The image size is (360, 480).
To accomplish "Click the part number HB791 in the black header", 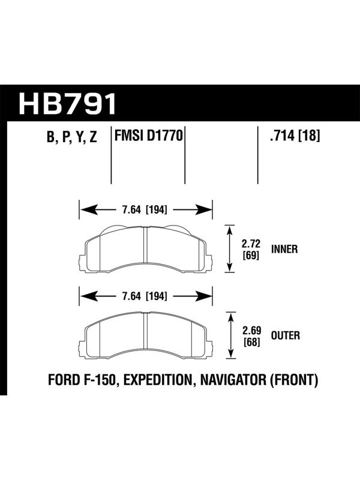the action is [x=68, y=103].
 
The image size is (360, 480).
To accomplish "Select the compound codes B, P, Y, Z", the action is [x=72, y=137].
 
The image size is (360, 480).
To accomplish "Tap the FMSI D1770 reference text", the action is [x=148, y=136].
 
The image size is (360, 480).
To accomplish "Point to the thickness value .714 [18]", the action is [x=295, y=136].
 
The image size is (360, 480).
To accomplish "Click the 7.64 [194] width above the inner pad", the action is [x=145, y=210].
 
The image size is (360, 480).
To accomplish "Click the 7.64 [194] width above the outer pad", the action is [x=145, y=296].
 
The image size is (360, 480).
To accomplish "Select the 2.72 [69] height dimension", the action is [x=251, y=249].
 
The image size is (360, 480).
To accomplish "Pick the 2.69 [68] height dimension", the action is [x=251, y=336].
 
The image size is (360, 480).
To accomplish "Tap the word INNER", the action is [x=284, y=249].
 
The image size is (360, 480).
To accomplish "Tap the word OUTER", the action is [x=286, y=336].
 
